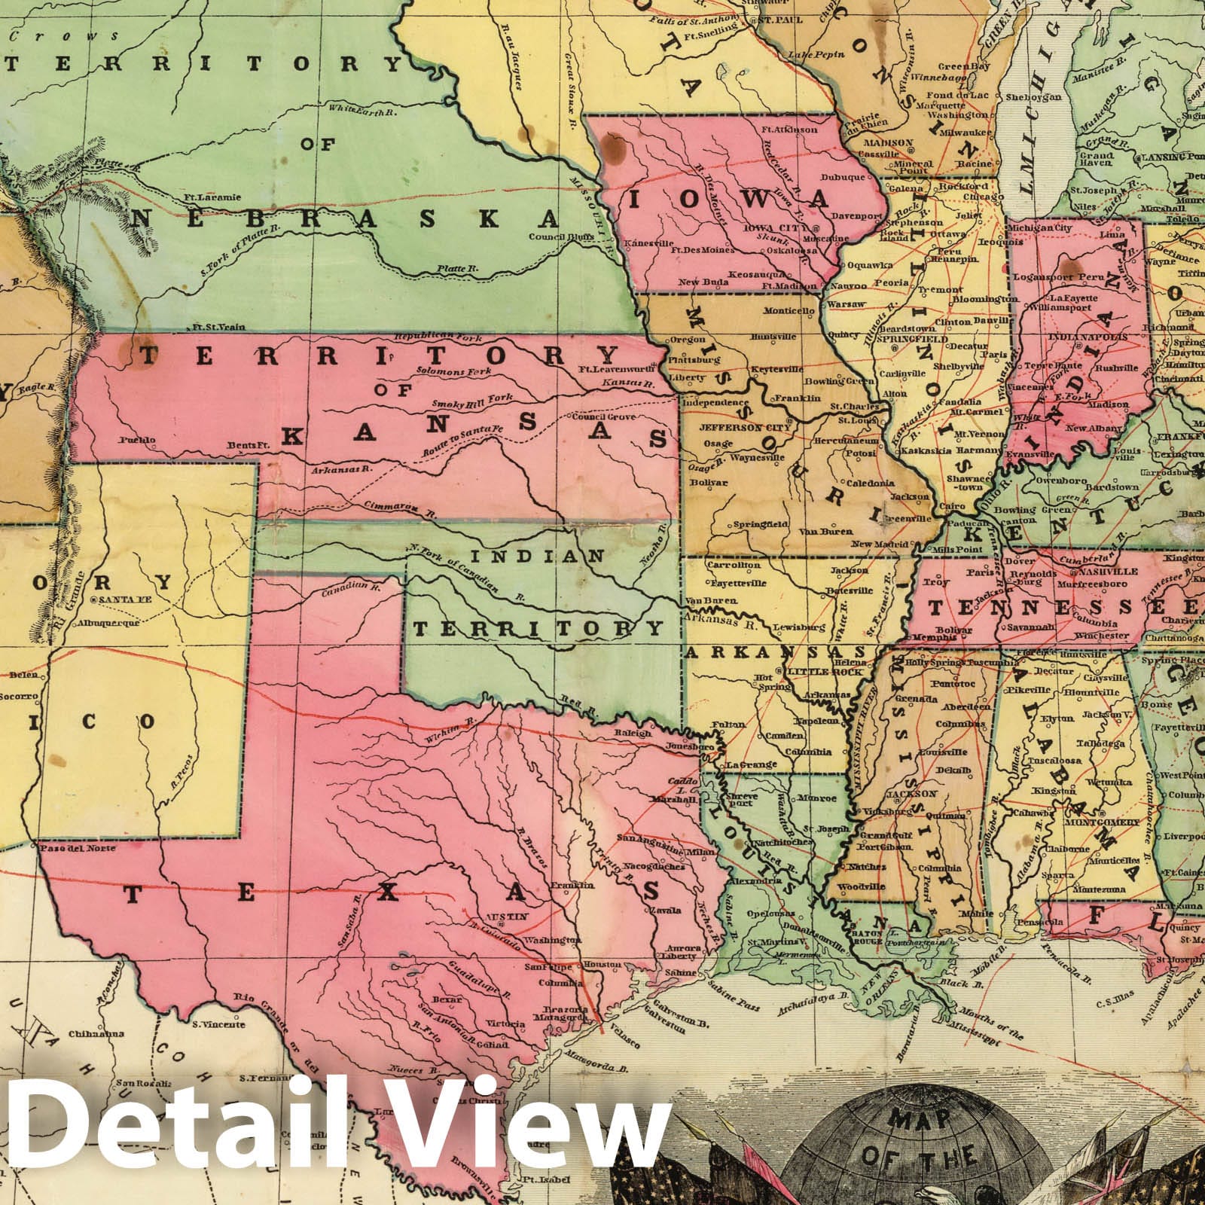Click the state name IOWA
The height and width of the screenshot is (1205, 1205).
coord(730,200)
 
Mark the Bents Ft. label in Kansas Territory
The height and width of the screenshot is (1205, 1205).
coord(251,446)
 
